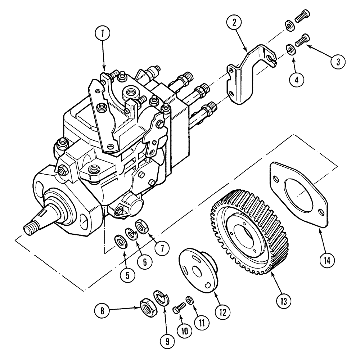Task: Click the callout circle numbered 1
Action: pyautogui.click(x=103, y=35)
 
